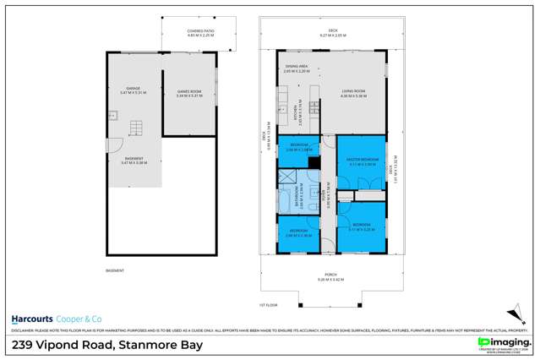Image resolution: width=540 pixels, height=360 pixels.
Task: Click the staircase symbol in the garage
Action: point(132,128)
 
